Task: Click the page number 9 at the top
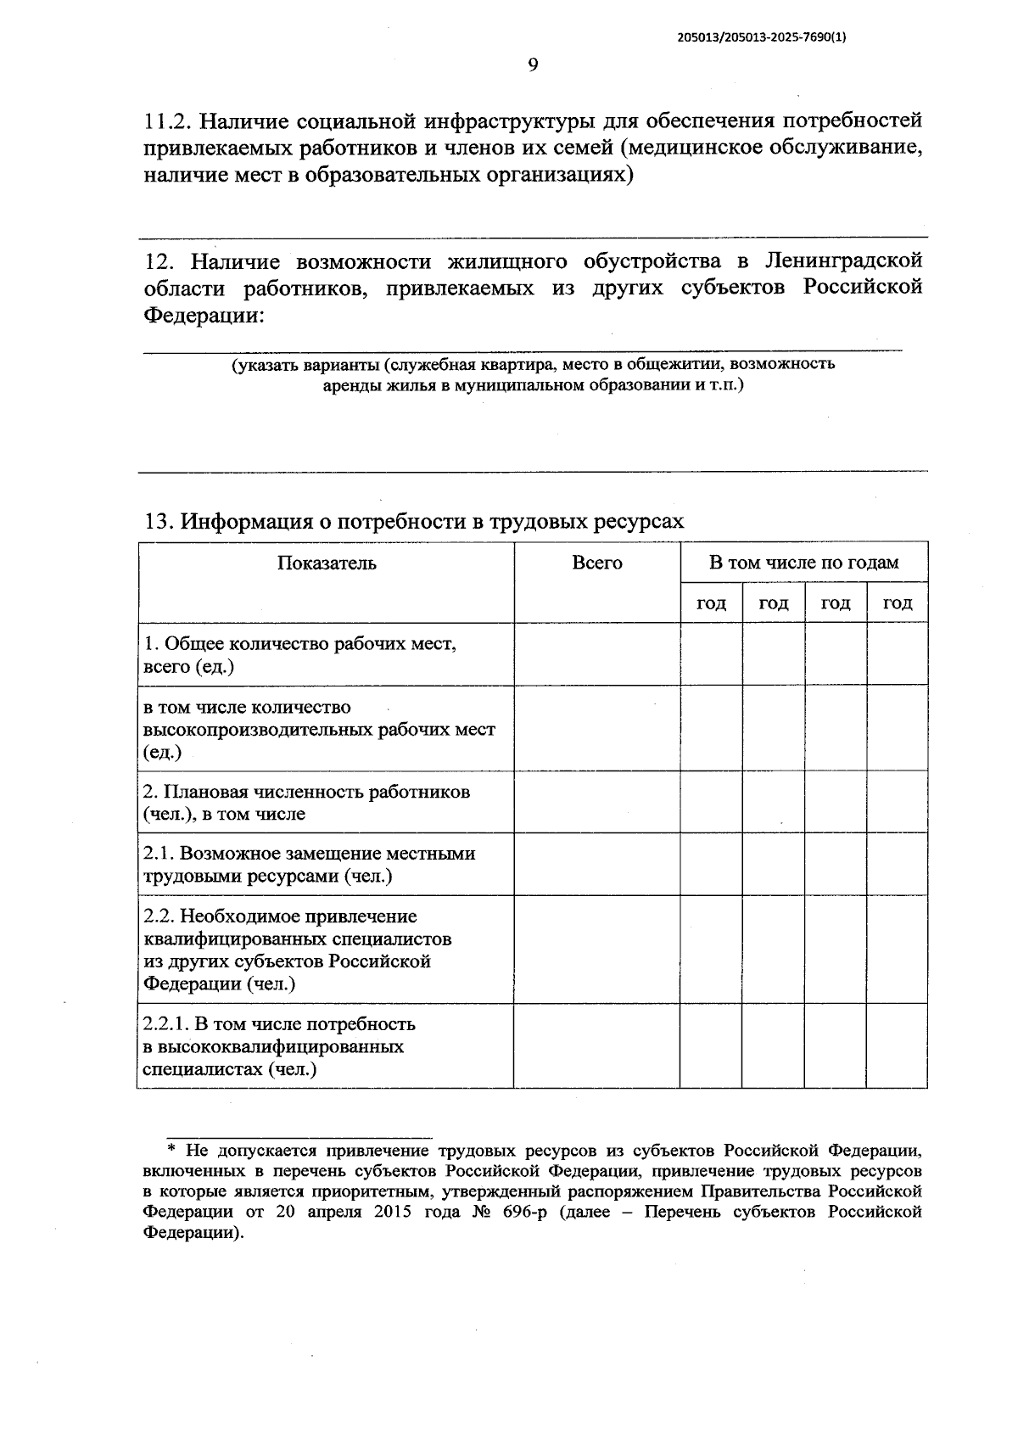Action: click(533, 65)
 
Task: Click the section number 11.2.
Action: click(168, 120)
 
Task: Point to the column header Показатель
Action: click(327, 563)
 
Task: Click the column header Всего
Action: click(597, 563)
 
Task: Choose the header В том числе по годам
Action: click(803, 563)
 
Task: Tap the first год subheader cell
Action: click(711, 603)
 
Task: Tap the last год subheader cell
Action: click(897, 603)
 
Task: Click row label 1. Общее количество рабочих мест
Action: click(300, 644)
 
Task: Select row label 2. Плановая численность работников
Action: click(306, 793)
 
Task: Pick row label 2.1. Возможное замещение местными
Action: click(310, 854)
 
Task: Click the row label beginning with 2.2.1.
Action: click(280, 1024)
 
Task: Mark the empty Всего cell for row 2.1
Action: click(597, 865)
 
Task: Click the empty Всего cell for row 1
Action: click(597, 654)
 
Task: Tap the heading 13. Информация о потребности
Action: click(413, 521)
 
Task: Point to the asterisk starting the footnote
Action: click(171, 1151)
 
